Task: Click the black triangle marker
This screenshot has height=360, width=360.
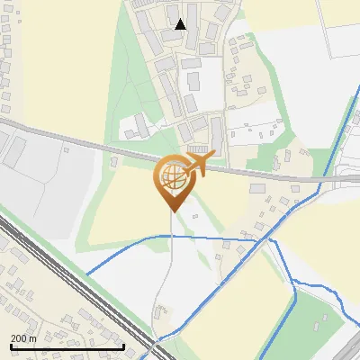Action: click(181, 24)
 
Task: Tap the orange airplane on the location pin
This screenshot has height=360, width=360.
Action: click(197, 165)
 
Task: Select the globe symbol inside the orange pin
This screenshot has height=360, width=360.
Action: click(171, 177)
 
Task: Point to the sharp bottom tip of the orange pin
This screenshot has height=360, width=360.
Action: click(171, 211)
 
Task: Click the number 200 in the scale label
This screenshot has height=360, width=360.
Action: click(18, 338)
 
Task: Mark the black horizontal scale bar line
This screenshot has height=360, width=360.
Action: click(67, 346)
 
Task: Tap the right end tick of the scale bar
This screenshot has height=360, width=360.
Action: click(123, 345)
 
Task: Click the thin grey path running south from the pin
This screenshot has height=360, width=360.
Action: click(167, 261)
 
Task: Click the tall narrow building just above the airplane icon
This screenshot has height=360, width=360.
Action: click(217, 133)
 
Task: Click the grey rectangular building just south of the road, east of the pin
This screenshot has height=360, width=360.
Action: click(257, 188)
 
